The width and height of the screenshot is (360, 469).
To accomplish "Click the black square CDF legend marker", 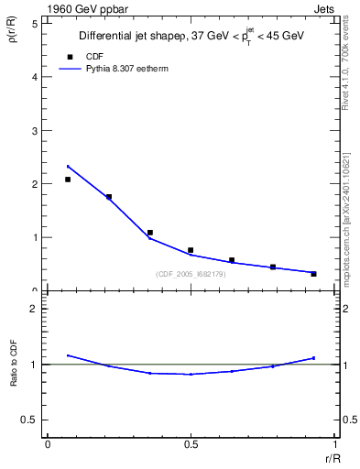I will click(69, 56).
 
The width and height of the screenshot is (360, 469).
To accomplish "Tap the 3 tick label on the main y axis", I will click(34, 130).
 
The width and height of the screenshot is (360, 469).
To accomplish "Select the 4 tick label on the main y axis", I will click(34, 77).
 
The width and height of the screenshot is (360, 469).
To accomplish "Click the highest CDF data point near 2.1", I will click(68, 180).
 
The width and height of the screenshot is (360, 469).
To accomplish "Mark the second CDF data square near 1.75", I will click(109, 197).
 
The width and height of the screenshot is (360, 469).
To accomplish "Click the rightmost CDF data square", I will click(313, 274).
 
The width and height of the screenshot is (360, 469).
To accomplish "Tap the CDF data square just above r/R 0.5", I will click(191, 250).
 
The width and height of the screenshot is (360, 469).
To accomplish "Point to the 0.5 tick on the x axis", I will click(191, 444).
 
